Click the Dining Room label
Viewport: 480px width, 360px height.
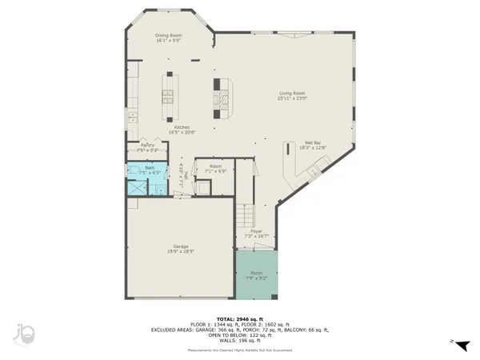coord(169,38)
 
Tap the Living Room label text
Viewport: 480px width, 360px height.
coord(293,95)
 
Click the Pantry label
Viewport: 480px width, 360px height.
coord(147,147)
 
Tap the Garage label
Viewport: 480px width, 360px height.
coord(181,248)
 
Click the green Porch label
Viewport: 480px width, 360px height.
coord(256,275)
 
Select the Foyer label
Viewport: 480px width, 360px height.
coord(256,234)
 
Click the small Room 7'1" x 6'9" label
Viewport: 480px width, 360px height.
coord(216,169)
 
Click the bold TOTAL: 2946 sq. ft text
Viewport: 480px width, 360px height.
coord(239,317)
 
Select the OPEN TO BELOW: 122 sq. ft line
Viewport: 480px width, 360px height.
coord(239,334)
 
